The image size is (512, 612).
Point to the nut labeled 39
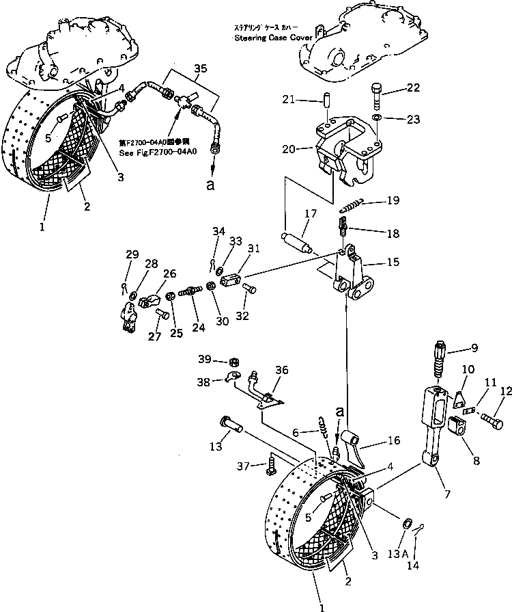tap(231, 362)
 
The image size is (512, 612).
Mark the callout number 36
tap(283, 370)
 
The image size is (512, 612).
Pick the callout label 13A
tap(407, 552)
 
